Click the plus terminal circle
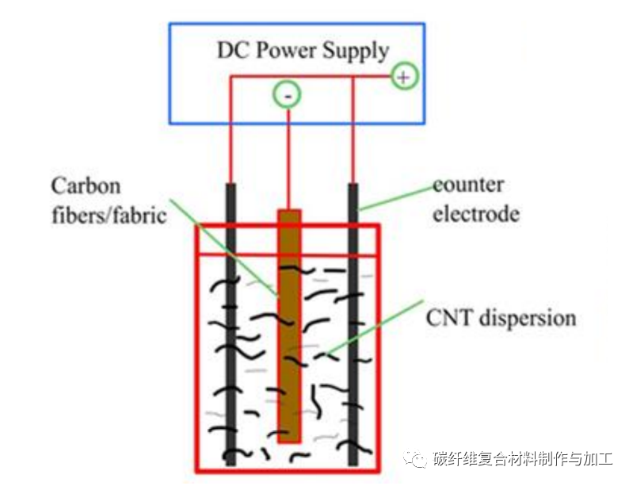coord(404,77)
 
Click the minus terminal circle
coord(287,96)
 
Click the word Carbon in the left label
coord(86,187)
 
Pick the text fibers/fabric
coord(109,215)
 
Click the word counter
coord(468,186)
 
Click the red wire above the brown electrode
coord(288,159)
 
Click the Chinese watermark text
coord(523,459)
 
